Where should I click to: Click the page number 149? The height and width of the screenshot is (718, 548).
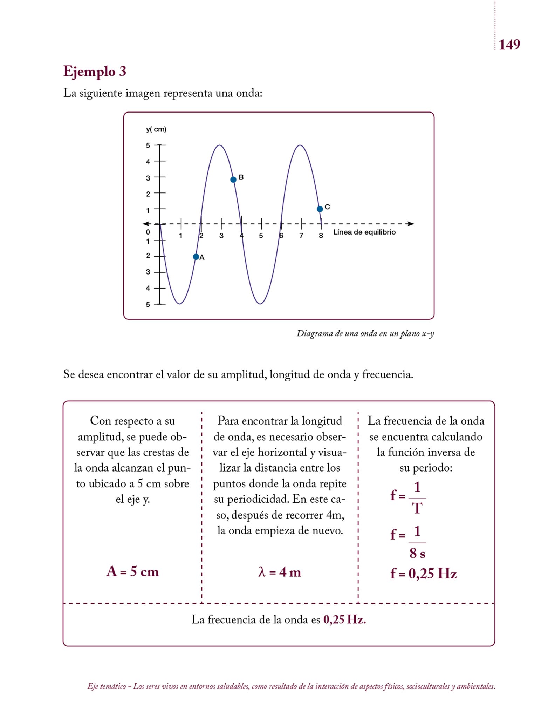pyautogui.click(x=509, y=45)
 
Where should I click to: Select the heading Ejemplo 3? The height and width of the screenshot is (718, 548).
pyautogui.click(x=95, y=71)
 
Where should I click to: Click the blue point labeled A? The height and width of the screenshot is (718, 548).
pyautogui.click(x=196, y=257)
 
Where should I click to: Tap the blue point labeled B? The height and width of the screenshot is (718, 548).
pyautogui.click(x=233, y=179)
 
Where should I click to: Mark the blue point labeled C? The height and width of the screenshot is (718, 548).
pyautogui.click(x=320, y=209)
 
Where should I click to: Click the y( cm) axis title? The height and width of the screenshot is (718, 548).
pyautogui.click(x=156, y=129)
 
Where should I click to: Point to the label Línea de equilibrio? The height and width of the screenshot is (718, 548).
pyautogui.click(x=364, y=232)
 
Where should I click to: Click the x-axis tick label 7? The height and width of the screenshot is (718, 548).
pyautogui.click(x=301, y=236)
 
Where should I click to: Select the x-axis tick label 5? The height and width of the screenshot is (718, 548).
pyautogui.click(x=261, y=236)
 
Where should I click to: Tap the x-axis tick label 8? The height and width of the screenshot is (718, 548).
pyautogui.click(x=321, y=236)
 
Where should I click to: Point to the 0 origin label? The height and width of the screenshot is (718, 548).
pyautogui.click(x=148, y=232)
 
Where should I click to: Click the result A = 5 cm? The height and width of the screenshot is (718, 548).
pyautogui.click(x=132, y=571)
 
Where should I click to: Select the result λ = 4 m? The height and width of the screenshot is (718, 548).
pyautogui.click(x=280, y=572)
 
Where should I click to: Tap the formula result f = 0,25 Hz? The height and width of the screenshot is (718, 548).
pyautogui.click(x=423, y=574)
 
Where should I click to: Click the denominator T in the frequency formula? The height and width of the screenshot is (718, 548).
pyautogui.click(x=417, y=508)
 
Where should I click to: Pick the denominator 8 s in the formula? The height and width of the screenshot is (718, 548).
pyautogui.click(x=417, y=553)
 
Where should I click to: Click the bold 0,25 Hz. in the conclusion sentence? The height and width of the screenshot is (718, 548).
pyautogui.click(x=344, y=619)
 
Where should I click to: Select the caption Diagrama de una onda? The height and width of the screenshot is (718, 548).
pyautogui.click(x=365, y=333)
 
